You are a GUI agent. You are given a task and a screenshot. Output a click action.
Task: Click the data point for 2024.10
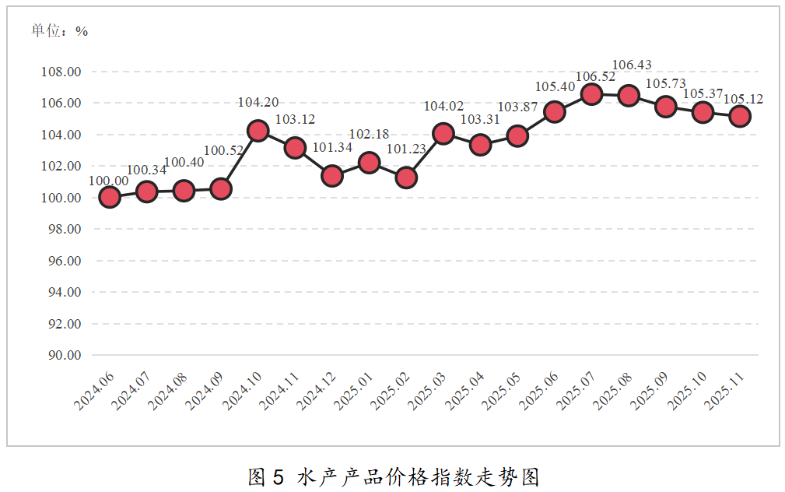(258, 131)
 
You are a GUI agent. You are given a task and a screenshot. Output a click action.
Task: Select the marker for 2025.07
(591, 94)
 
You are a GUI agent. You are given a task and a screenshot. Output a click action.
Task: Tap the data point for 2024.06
(110, 197)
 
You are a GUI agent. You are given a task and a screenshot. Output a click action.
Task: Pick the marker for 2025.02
(406, 177)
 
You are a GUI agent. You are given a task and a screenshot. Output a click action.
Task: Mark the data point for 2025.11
(740, 116)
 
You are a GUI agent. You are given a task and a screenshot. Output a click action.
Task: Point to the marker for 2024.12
(332, 176)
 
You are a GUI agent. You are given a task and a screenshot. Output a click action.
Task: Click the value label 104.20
(258, 102)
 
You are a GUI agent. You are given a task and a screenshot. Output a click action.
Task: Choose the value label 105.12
(743, 99)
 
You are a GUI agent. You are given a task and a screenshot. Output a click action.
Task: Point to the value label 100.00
(109, 181)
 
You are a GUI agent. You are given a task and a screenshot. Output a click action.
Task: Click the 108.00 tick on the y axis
(61, 72)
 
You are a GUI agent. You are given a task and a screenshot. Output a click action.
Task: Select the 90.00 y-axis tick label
(65, 355)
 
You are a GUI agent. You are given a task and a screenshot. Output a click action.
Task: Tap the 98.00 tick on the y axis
(65, 229)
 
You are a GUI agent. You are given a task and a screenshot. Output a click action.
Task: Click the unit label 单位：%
(59, 31)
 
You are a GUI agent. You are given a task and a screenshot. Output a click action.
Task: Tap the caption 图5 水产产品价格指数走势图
(393, 476)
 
